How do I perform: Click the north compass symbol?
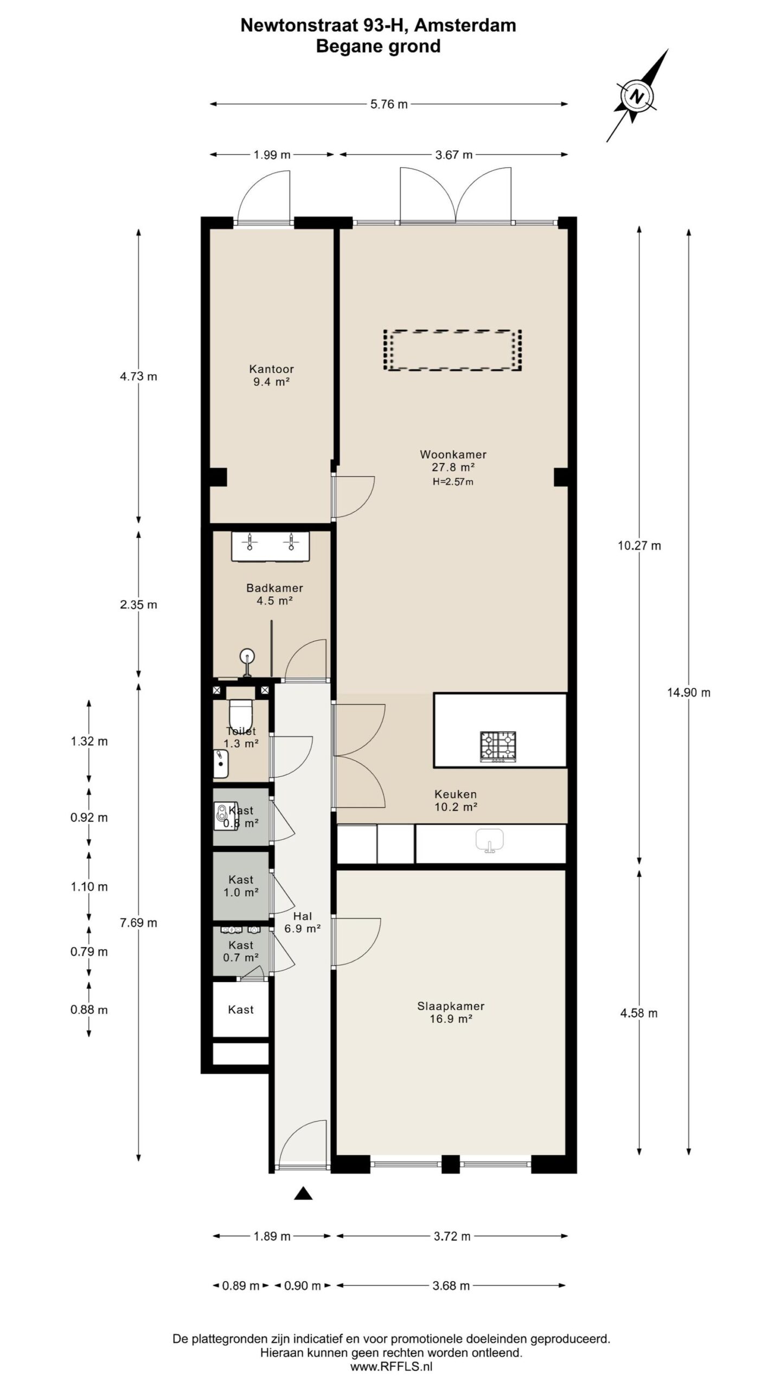(x=637, y=97)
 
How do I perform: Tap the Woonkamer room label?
(x=453, y=455)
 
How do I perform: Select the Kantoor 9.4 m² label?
(x=271, y=375)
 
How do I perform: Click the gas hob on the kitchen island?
(x=498, y=746)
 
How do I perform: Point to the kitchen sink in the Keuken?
(x=489, y=841)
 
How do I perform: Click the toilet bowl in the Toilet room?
(x=240, y=711)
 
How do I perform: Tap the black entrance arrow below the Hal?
(x=304, y=1193)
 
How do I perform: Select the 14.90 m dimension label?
(x=688, y=693)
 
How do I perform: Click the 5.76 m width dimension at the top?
(x=389, y=104)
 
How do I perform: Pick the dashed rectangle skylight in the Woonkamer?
(x=452, y=351)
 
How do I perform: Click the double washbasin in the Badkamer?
(x=270, y=546)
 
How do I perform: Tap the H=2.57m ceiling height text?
(x=453, y=482)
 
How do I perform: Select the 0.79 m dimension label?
(x=89, y=952)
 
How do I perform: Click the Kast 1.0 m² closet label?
(x=241, y=886)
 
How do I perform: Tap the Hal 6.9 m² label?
(x=303, y=922)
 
